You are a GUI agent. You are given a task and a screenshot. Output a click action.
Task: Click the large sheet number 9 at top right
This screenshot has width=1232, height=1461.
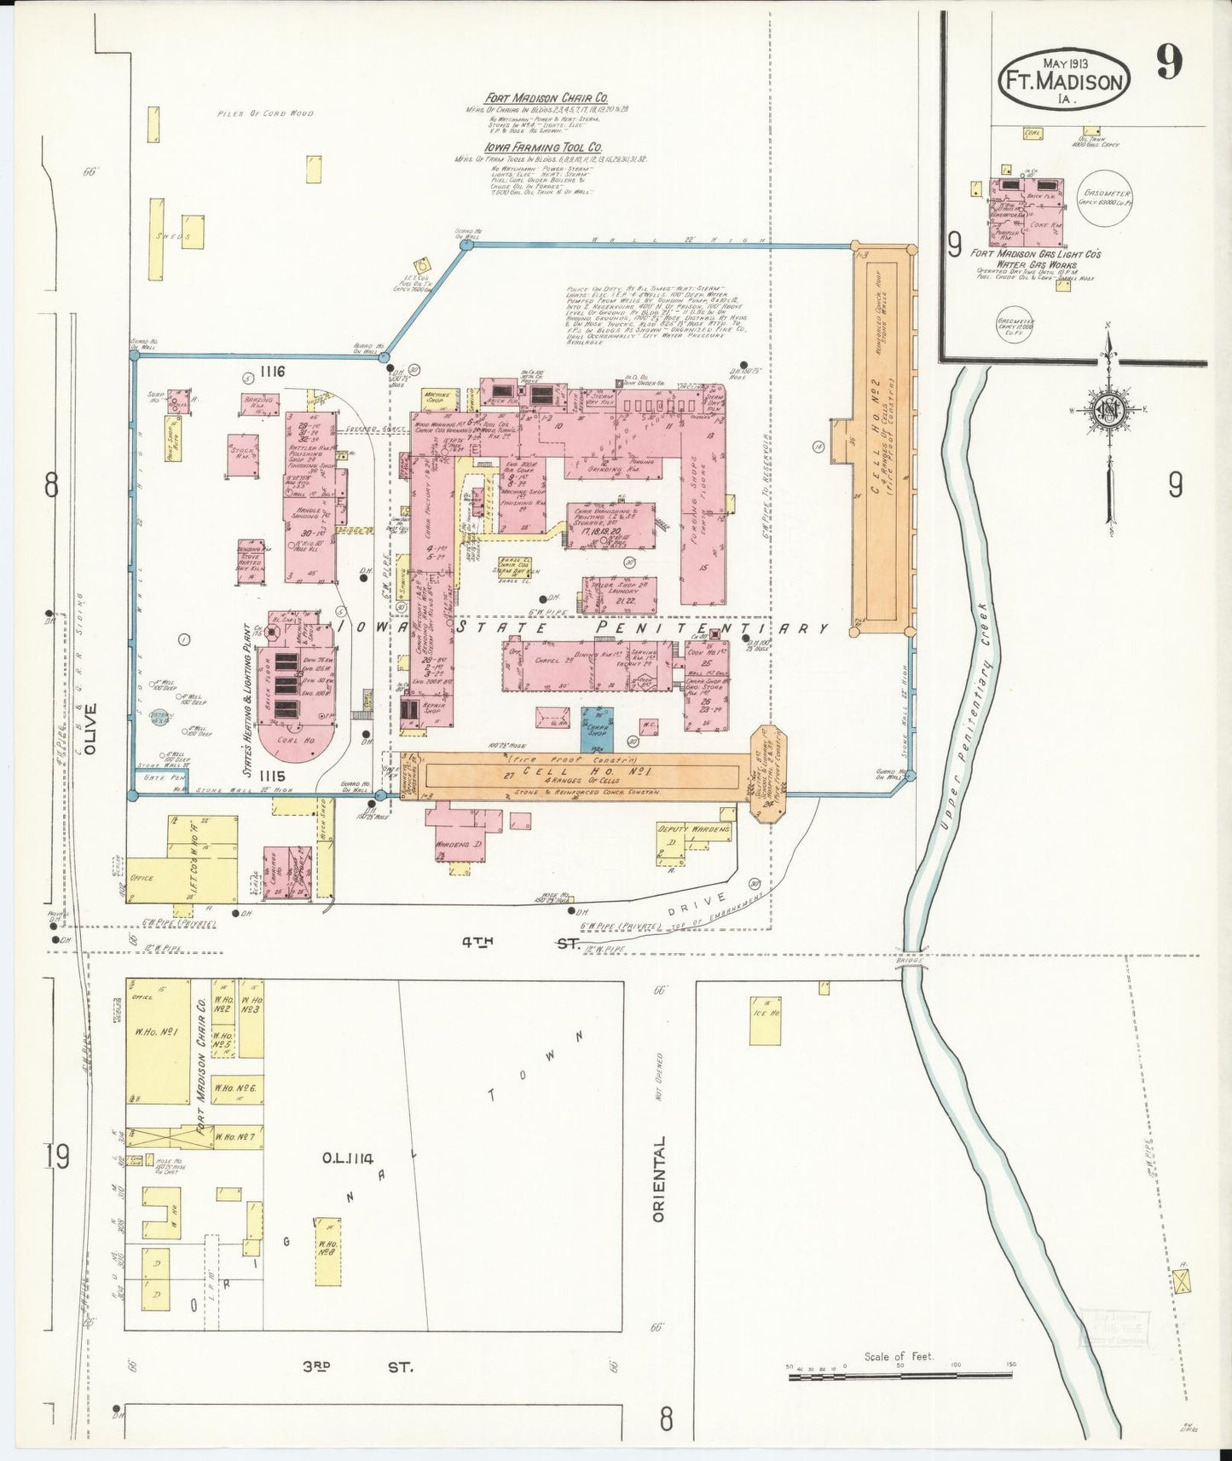pyautogui.click(x=1169, y=62)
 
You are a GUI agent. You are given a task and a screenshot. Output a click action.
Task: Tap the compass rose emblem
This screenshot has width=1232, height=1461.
pyautogui.click(x=1108, y=409)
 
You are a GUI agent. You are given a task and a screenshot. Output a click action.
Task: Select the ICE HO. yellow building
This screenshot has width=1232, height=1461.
pyautogui.click(x=765, y=1019)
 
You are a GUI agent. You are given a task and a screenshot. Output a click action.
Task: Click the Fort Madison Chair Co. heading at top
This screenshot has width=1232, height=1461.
pyautogui.click(x=535, y=98)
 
